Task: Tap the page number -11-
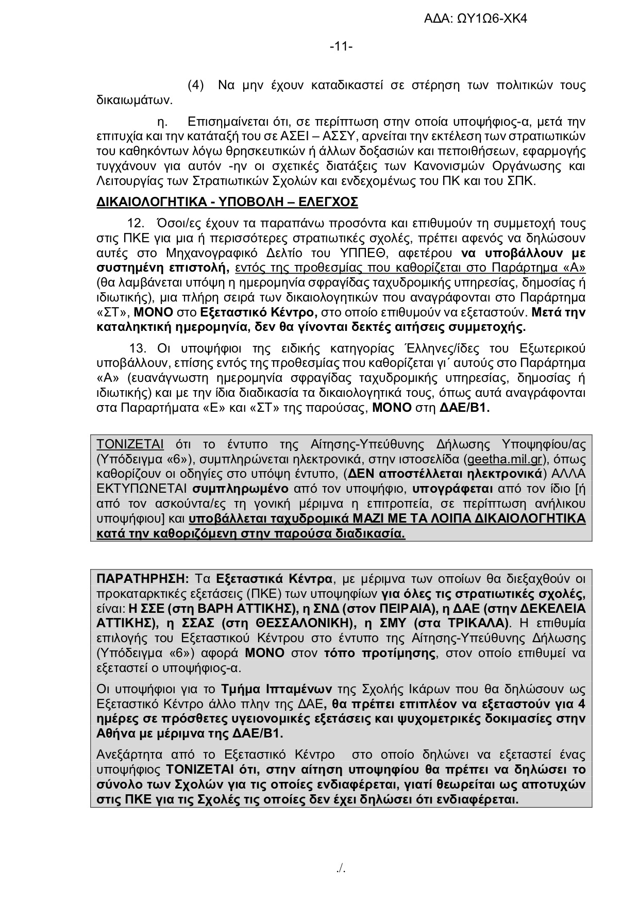point(341,47)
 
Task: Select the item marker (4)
point(196,85)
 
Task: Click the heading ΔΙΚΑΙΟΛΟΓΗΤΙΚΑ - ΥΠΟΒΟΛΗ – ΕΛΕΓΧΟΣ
point(227,202)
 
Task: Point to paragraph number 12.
point(134,224)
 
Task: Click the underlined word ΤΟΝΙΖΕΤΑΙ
point(130,444)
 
